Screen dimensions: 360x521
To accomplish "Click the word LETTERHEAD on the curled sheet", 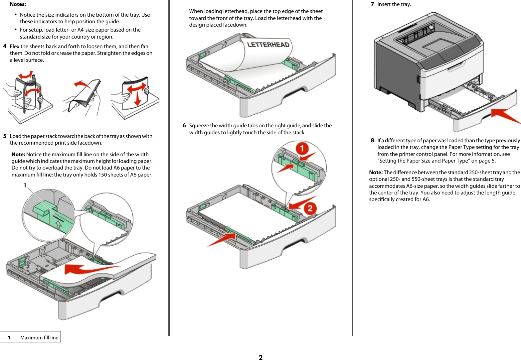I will click(268, 45).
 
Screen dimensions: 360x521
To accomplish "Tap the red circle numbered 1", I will click(302, 148).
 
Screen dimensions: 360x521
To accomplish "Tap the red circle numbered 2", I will click(310, 208).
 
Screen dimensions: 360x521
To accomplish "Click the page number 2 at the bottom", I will click(260, 357).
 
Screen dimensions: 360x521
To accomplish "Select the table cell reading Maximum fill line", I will click(39, 337).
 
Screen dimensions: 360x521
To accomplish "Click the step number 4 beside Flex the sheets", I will click(5, 47).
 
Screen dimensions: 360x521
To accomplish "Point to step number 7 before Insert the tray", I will click(372, 4).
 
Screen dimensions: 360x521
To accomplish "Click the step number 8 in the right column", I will click(372, 141).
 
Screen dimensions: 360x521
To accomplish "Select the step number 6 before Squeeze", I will click(184, 126).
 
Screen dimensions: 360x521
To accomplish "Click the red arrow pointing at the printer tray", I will click(505, 115).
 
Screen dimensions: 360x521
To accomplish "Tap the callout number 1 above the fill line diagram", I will click(25, 185).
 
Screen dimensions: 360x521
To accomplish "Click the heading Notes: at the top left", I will click(18, 4).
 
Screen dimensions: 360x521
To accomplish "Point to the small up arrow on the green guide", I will click(59, 224).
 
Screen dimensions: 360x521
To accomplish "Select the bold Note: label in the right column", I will click(376, 173).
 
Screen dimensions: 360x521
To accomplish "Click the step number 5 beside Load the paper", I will click(5, 136).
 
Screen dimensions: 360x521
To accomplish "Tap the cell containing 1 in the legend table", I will click(9, 337).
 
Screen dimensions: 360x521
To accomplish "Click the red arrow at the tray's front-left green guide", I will click(221, 240).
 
